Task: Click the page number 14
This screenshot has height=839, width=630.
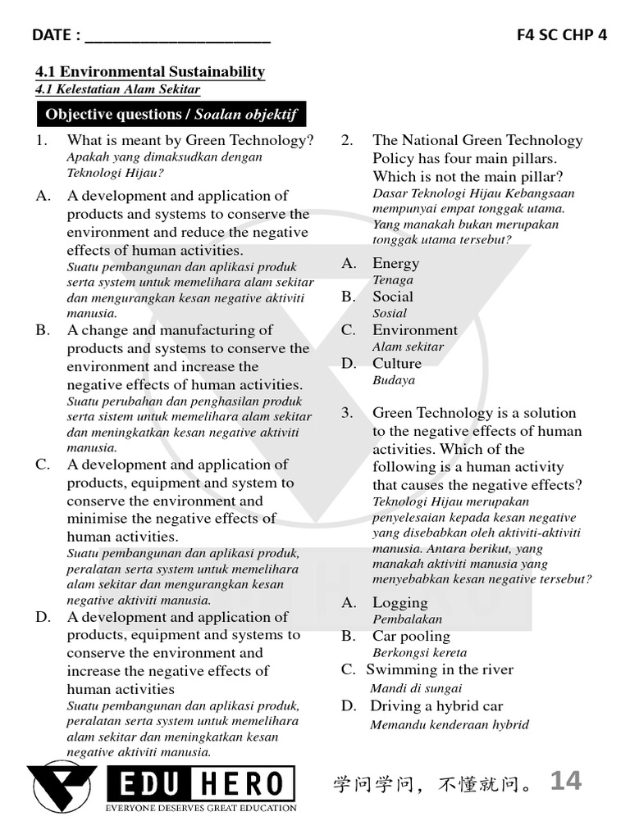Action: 565,781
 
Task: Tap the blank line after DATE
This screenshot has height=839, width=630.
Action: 177,36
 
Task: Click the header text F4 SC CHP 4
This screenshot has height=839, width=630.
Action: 562,35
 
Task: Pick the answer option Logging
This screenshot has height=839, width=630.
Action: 400,603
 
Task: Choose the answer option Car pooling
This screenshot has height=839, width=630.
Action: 411,637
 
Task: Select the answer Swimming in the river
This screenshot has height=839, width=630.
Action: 440,670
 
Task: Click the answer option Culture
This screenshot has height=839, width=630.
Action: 397,364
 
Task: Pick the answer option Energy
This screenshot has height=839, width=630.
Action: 395,264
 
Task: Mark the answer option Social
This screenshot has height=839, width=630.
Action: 393,297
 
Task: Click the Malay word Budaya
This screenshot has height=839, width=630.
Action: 394,380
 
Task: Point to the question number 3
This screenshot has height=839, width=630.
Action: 347,413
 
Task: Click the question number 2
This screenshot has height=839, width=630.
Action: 347,141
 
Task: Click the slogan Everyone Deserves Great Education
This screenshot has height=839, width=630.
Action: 201,808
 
